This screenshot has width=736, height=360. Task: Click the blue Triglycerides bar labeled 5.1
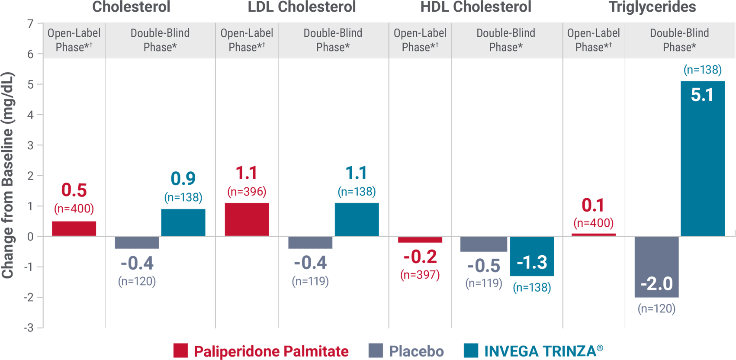pyautogui.click(x=703, y=158)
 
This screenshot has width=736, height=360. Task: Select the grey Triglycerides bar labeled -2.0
pyautogui.click(x=656, y=267)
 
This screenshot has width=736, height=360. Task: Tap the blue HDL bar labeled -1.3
pyautogui.click(x=532, y=256)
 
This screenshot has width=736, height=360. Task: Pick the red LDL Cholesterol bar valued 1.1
pyautogui.click(x=247, y=219)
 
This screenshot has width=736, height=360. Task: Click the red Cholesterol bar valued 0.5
pyautogui.click(x=74, y=228)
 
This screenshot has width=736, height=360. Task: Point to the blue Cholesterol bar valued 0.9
pyautogui.click(x=183, y=223)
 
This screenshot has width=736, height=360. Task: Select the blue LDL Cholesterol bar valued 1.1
pyautogui.click(x=357, y=219)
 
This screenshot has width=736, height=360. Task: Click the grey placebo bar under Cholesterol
pyautogui.click(x=137, y=243)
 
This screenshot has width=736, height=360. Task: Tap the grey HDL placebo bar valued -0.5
pyautogui.click(x=484, y=244)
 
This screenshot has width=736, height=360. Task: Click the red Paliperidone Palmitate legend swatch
pyautogui.click(x=180, y=350)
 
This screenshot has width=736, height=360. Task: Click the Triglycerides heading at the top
pyautogui.click(x=652, y=7)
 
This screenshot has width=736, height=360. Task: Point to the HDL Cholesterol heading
pyautogui.click(x=476, y=7)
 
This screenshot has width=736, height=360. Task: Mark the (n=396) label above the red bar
pyautogui.click(x=247, y=192)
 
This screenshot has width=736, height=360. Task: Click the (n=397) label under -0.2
pyautogui.click(x=420, y=275)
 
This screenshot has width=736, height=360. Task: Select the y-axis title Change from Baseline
pyautogui.click(x=8, y=175)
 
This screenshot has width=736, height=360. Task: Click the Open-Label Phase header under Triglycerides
pyautogui.click(x=593, y=40)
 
